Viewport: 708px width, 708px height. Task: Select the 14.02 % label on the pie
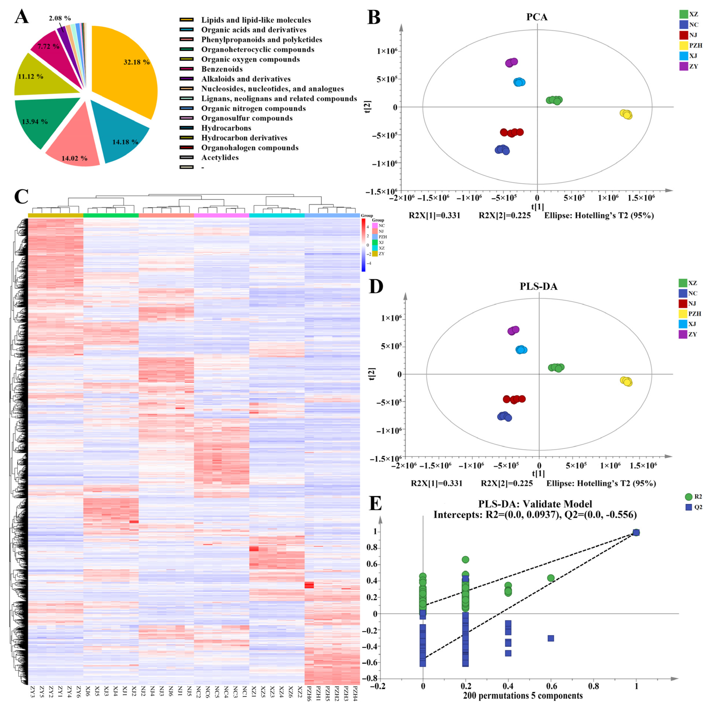pyautogui.click(x=74, y=158)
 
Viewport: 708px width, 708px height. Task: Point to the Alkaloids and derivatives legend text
pyautogui.click(x=246, y=79)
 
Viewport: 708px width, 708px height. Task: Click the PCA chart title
pyautogui.click(x=537, y=17)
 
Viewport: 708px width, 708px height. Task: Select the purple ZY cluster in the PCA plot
pyautogui.click(x=511, y=63)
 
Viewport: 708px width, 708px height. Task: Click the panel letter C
pyautogui.click(x=21, y=196)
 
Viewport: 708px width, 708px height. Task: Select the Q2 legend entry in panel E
pyautogui.click(x=694, y=507)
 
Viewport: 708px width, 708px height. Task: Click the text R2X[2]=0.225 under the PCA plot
pyautogui.click(x=505, y=215)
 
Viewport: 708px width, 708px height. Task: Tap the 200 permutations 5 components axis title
pyautogui.click(x=523, y=696)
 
